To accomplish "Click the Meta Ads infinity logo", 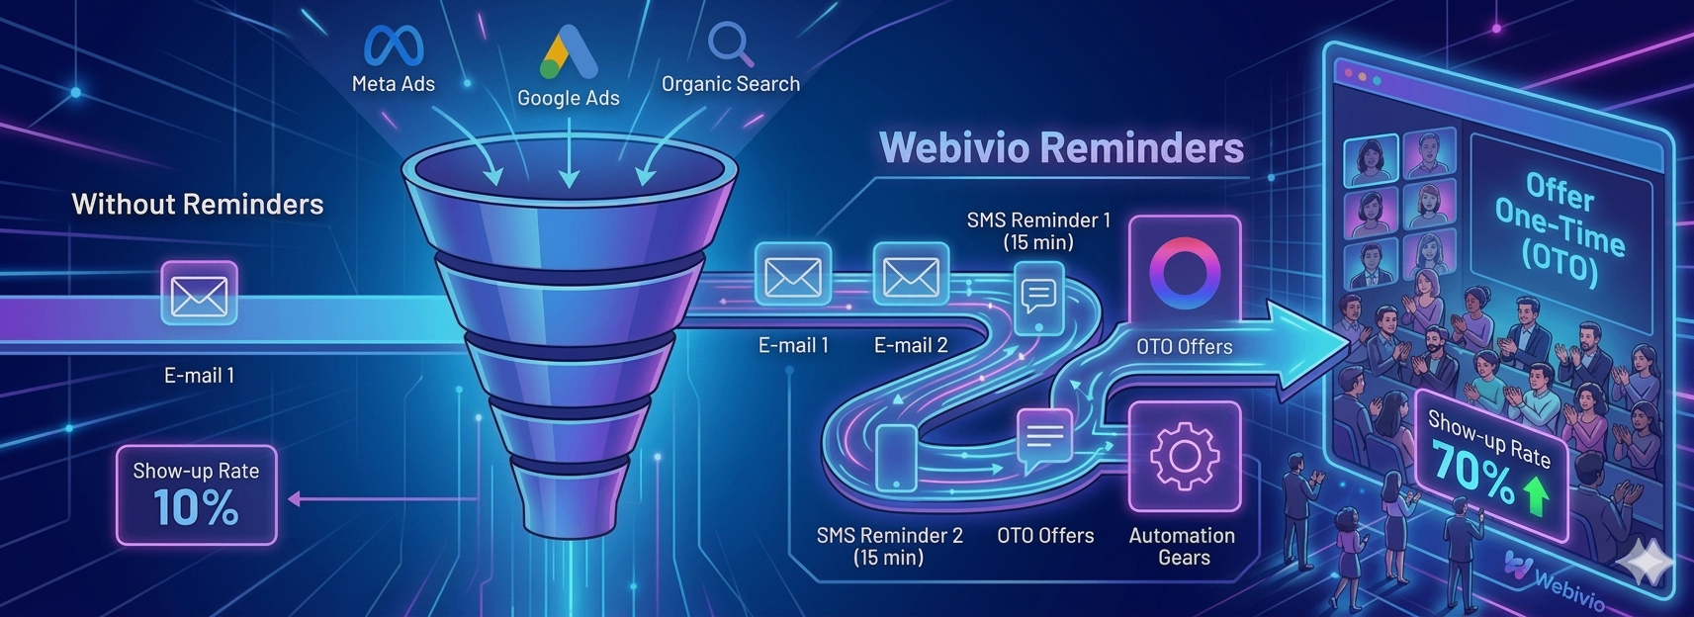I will (x=394, y=45).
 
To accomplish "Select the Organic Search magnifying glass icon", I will (x=731, y=44).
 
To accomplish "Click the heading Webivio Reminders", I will (x=1061, y=147).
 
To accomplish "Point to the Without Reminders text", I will (x=198, y=205).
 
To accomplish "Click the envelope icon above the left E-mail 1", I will (x=199, y=294).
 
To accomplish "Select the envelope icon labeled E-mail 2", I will (x=911, y=276).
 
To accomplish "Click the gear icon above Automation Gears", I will (x=1184, y=456).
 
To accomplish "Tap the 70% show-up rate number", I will (x=1472, y=472).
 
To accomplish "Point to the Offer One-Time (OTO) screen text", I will (x=1560, y=229).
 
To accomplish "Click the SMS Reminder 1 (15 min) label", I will (x=1038, y=230).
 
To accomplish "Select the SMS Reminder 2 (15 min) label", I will (x=889, y=546).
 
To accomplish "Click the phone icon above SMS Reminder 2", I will (x=896, y=457).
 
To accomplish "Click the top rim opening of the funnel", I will (x=569, y=168).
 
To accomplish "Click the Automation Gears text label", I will (x=1183, y=546).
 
